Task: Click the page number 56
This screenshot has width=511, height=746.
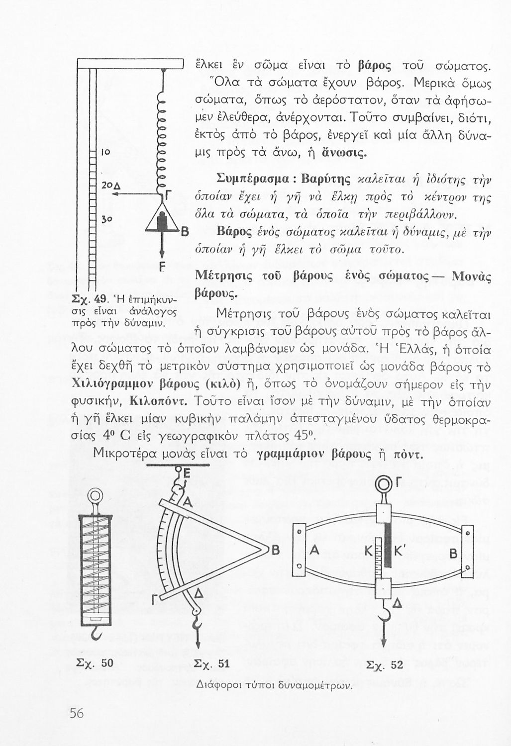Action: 76,713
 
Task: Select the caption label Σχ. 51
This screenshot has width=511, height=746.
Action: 211,664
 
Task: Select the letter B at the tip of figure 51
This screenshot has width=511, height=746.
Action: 275,551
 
